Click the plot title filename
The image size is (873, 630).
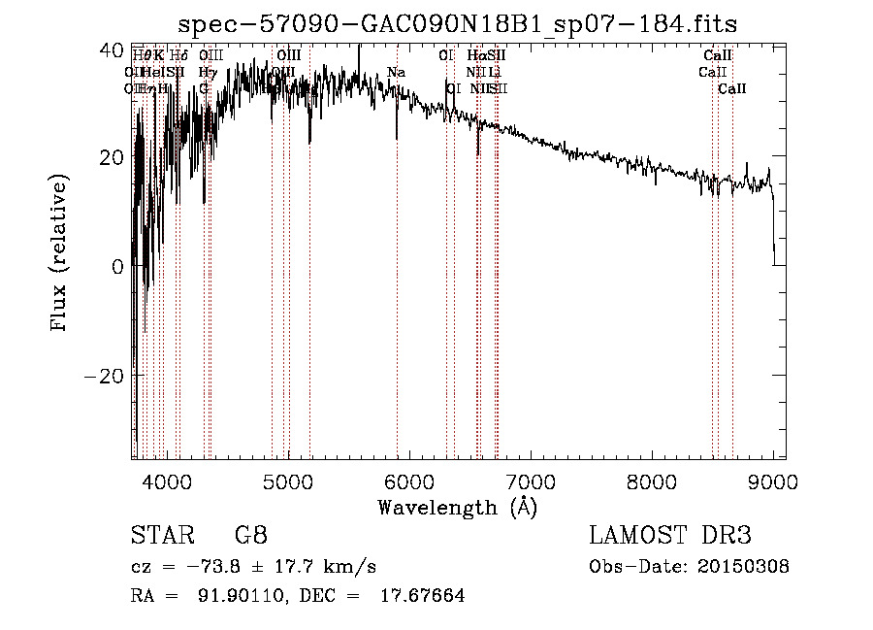point(465,24)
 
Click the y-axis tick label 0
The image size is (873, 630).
point(117,266)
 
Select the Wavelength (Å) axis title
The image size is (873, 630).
point(457,507)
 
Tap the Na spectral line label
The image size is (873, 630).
point(396,72)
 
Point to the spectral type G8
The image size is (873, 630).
point(251,535)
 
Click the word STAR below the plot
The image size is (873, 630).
point(161,535)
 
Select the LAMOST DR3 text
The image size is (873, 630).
point(670,535)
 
